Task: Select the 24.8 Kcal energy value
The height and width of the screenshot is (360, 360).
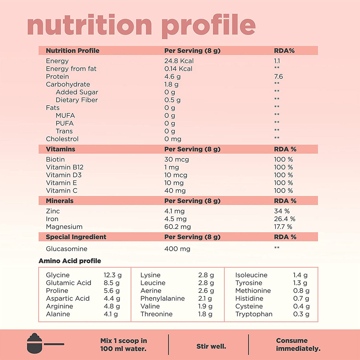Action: click(x=179, y=61)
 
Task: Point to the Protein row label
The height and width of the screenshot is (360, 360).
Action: click(x=57, y=76)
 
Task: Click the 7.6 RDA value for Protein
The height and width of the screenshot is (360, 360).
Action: click(x=278, y=76)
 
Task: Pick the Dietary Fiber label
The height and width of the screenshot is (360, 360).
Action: click(x=76, y=100)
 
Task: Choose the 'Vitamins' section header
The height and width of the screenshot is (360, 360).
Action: click(x=60, y=149)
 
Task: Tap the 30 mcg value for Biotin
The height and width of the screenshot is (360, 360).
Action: click(x=176, y=159)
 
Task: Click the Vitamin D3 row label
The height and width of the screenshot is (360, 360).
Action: click(x=64, y=175)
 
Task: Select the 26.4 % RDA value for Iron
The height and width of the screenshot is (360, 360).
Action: click(x=284, y=219)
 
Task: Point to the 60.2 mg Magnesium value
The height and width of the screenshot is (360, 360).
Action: click(x=177, y=227)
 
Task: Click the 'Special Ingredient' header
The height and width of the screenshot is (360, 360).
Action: click(x=76, y=237)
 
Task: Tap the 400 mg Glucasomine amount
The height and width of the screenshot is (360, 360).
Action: click(x=177, y=249)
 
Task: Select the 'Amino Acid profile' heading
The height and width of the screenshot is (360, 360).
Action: click(x=70, y=261)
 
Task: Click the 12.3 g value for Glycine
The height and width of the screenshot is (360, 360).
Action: click(x=112, y=275)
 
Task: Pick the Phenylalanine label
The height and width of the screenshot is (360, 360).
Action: click(x=162, y=298)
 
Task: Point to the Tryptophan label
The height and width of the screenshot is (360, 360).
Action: click(x=254, y=314)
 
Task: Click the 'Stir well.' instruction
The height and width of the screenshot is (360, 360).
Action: click(x=211, y=346)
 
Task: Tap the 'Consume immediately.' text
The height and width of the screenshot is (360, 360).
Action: click(x=298, y=344)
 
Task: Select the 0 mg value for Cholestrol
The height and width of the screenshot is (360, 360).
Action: click(x=172, y=139)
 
